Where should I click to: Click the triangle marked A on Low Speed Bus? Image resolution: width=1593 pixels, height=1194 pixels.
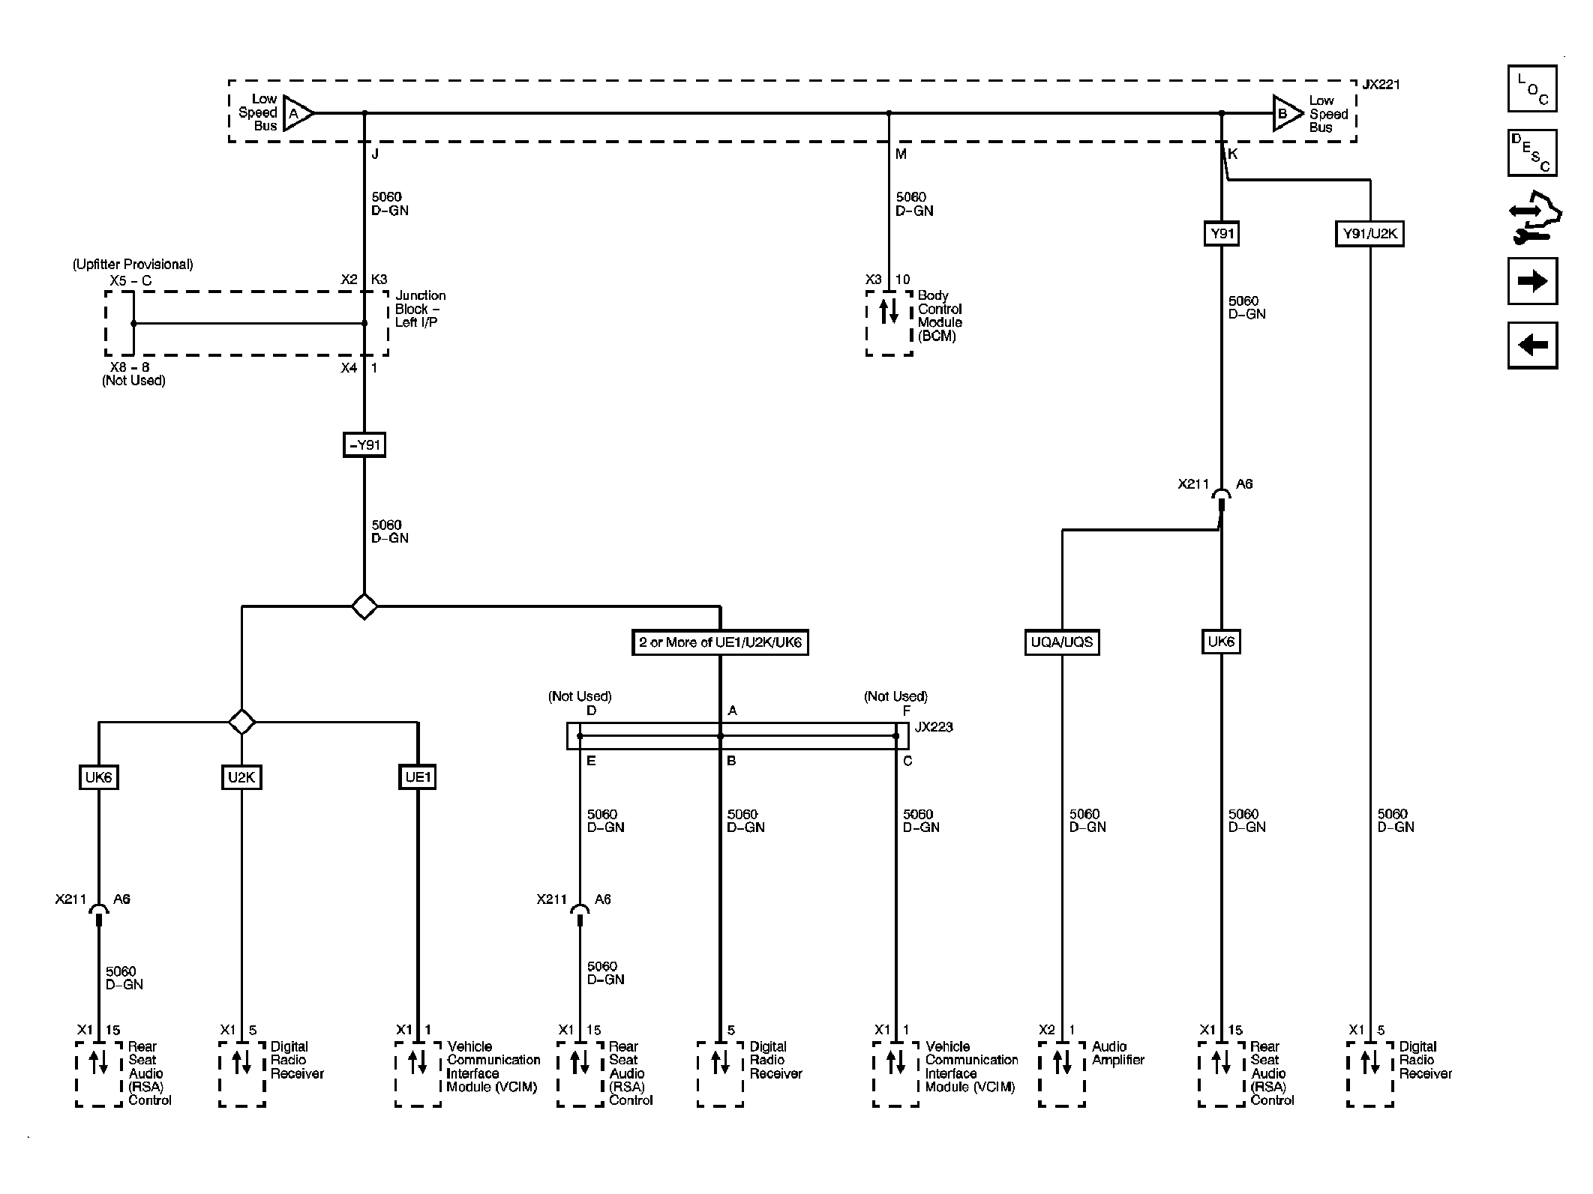tap(297, 114)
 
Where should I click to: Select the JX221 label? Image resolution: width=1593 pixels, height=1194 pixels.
tap(1381, 85)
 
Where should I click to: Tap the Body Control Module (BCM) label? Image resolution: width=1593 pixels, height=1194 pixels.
tap(939, 316)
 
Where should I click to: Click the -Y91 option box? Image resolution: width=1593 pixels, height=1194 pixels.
tap(364, 445)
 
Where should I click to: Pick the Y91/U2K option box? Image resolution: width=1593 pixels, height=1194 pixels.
tap(1369, 234)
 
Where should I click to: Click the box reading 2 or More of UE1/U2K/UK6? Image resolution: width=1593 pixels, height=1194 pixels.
tap(720, 642)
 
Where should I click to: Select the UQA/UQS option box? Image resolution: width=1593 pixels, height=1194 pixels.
tap(1061, 642)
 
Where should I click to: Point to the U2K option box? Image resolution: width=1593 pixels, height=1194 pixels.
tap(241, 777)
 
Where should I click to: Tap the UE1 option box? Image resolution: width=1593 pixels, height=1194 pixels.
tap(417, 777)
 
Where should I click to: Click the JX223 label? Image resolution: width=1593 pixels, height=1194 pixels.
tap(934, 727)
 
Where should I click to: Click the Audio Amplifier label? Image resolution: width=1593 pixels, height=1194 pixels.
tap(1117, 1053)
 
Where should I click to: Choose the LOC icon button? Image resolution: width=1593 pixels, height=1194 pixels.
tap(1531, 88)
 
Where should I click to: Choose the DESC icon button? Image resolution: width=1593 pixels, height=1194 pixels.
tap(1531, 153)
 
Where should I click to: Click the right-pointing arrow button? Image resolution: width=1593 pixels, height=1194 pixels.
tap(1531, 281)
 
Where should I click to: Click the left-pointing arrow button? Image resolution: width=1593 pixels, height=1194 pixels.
tap(1531, 346)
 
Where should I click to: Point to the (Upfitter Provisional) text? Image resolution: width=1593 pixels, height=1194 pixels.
tap(133, 265)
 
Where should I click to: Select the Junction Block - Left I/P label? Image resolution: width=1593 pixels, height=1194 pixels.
tap(420, 309)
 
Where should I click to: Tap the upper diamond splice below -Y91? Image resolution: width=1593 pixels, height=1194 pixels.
tap(364, 606)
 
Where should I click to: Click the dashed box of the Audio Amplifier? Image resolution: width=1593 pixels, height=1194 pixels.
tap(1061, 1073)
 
